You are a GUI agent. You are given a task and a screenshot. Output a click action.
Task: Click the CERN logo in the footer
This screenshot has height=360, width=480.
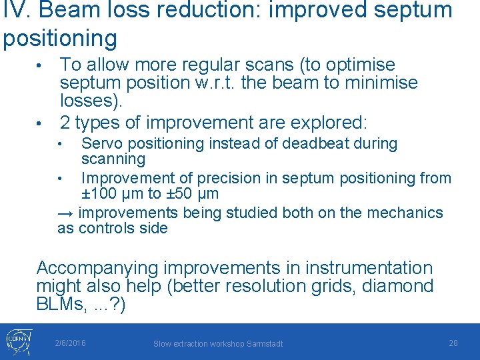point(17,341)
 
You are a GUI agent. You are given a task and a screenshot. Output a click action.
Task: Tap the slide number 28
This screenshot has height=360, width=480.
point(453,343)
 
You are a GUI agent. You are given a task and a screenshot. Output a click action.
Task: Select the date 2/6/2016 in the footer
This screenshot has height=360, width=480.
point(70,343)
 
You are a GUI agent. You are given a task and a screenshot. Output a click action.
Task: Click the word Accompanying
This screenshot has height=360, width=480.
point(97,269)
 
